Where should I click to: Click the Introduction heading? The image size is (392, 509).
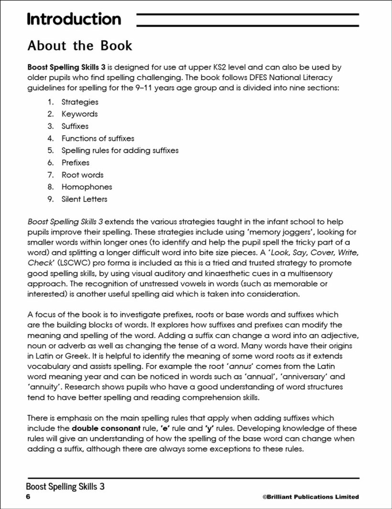[x=74, y=19]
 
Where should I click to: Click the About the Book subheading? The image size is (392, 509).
[x=80, y=46]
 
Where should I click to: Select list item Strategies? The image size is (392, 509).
[x=80, y=102]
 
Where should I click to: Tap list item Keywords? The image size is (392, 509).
[x=79, y=114]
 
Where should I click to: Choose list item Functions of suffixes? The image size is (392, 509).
[x=98, y=138]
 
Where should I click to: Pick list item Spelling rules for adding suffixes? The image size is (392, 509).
[x=120, y=150]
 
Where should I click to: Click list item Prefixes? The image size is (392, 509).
[x=75, y=163]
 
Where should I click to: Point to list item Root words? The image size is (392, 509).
[x=82, y=175]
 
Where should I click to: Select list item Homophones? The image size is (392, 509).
[x=87, y=187]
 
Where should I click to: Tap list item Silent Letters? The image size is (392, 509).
[x=84, y=199]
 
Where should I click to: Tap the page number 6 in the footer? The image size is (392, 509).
[x=29, y=497]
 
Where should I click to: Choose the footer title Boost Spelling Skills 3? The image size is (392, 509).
[x=65, y=487]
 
